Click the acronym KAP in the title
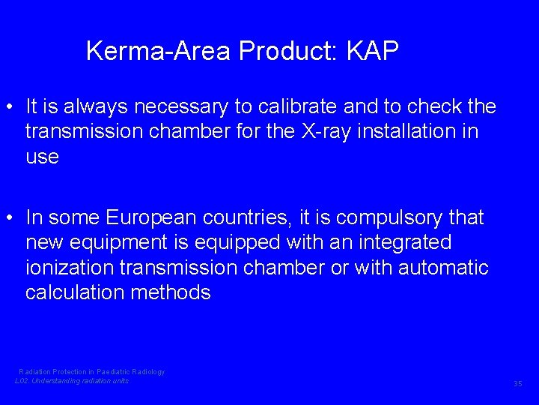point(373,51)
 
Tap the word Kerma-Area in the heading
point(159,51)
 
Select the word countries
point(254,217)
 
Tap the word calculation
point(76,292)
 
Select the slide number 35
point(517,384)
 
